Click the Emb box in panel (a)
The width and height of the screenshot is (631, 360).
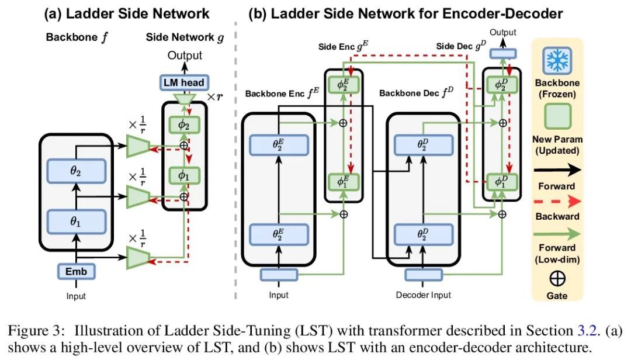76,271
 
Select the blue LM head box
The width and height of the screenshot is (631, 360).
183,82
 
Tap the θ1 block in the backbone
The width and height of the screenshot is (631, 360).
76,221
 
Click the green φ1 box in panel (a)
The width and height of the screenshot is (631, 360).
183,175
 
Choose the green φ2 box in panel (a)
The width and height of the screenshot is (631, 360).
183,124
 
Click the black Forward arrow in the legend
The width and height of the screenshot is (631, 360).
557,170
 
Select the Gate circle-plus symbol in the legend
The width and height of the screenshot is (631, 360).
557,279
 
